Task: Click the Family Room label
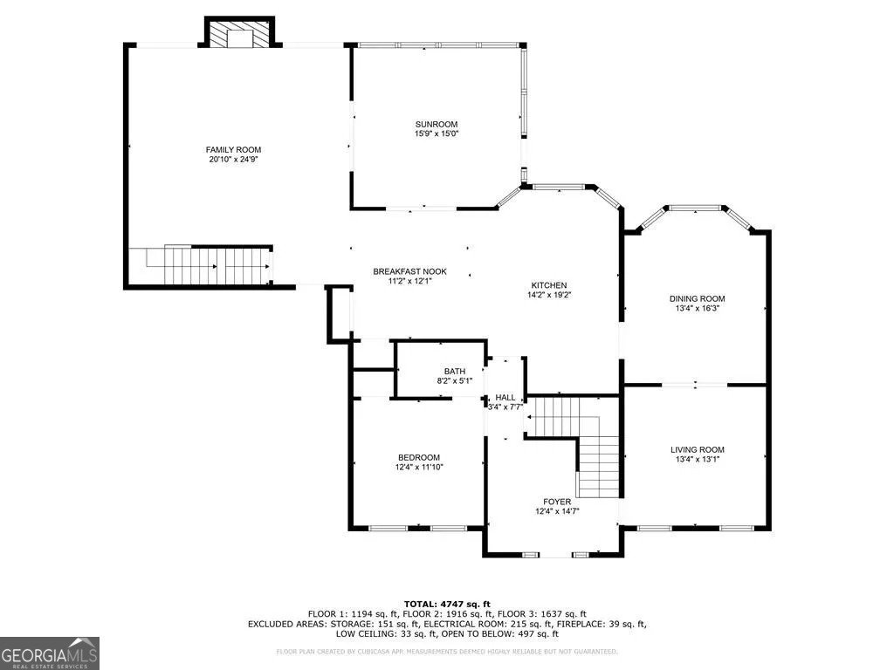(233, 149)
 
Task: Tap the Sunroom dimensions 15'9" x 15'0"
(437, 134)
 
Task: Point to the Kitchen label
(549, 285)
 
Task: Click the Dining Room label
(696, 298)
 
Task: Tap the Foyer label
(556, 502)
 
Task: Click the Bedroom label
(419, 457)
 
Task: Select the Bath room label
(454, 371)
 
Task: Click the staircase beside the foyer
(576, 436)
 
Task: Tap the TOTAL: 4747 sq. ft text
(447, 604)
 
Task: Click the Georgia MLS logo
(50, 653)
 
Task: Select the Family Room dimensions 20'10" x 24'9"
(233, 160)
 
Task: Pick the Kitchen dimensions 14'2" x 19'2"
(549, 296)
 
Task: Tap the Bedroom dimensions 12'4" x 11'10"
(419, 468)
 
